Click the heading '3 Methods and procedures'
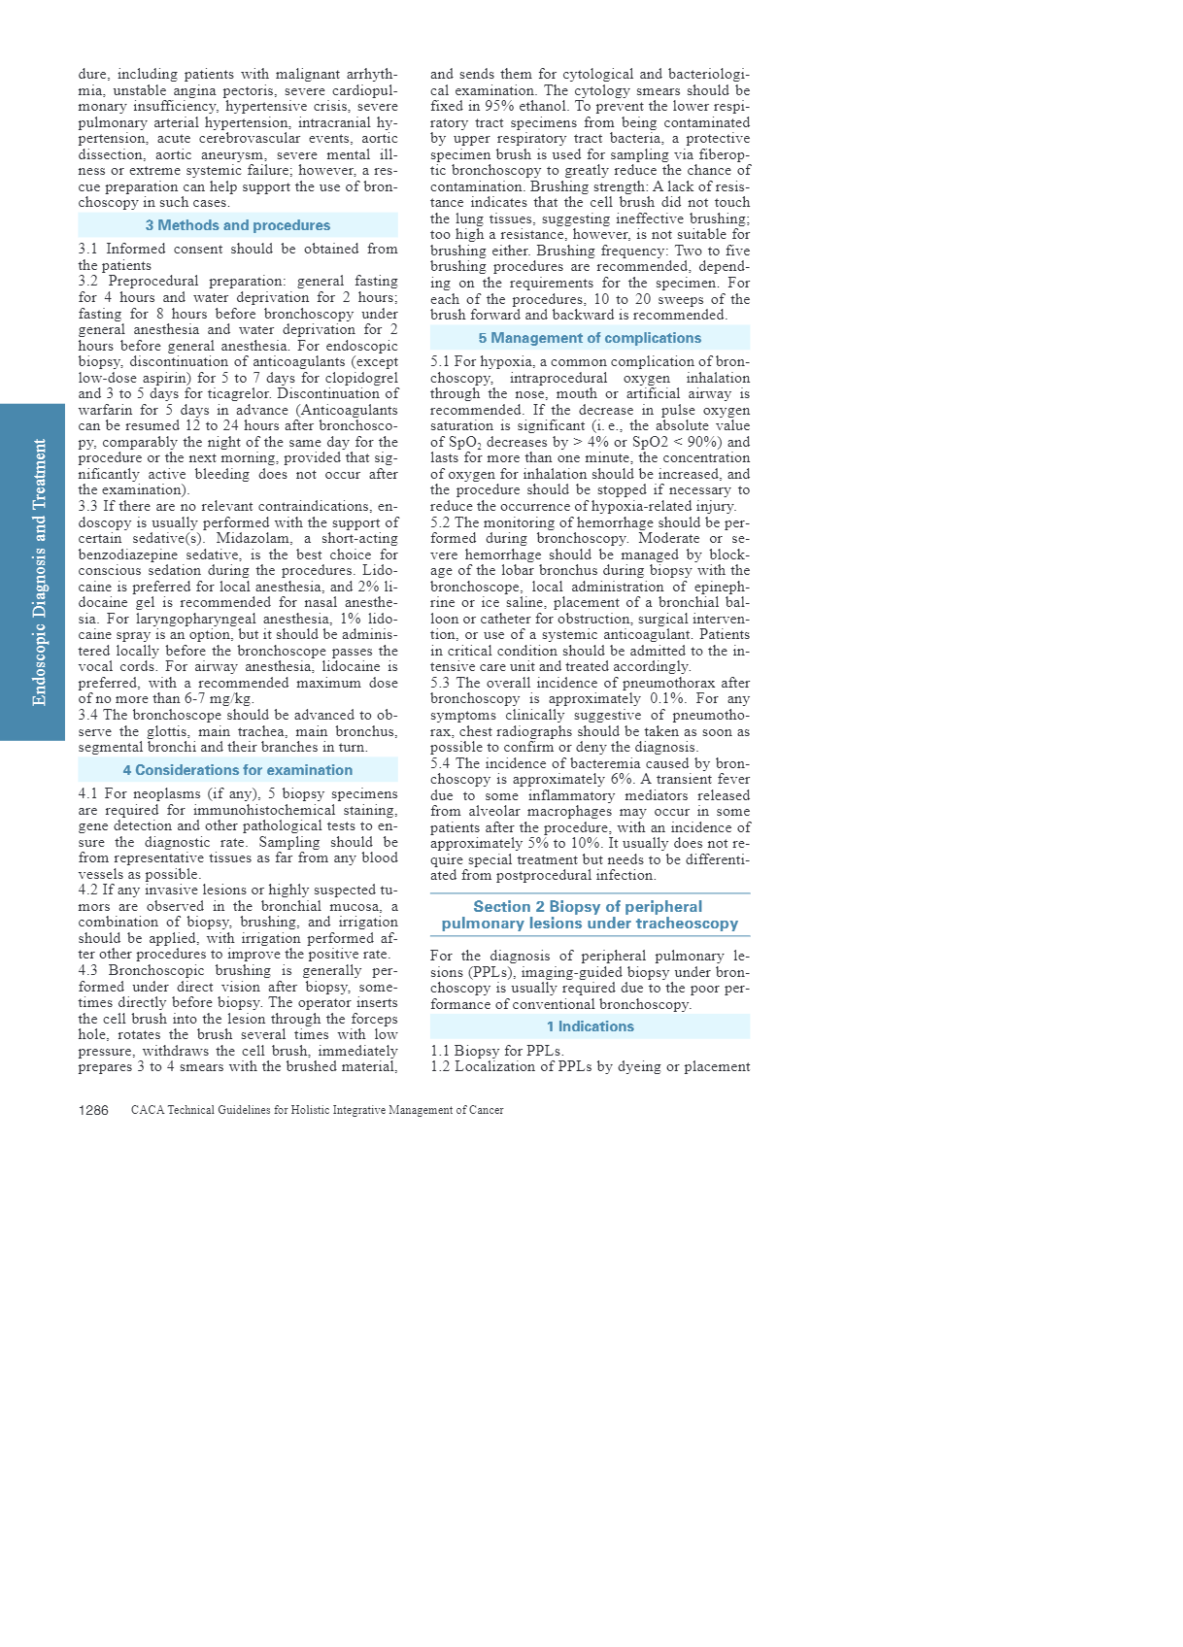pyautogui.click(x=238, y=225)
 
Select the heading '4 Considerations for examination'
pyautogui.click(x=238, y=770)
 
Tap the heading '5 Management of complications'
pyautogui.click(x=590, y=338)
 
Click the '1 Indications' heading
pyautogui.click(x=590, y=1026)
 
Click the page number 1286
pyautogui.click(x=93, y=1110)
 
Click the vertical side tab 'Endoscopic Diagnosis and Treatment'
pyautogui.click(x=39, y=572)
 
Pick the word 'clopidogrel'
pyautogui.click(x=362, y=378)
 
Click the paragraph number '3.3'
pyautogui.click(x=88, y=507)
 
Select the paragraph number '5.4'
pyautogui.click(x=441, y=763)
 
